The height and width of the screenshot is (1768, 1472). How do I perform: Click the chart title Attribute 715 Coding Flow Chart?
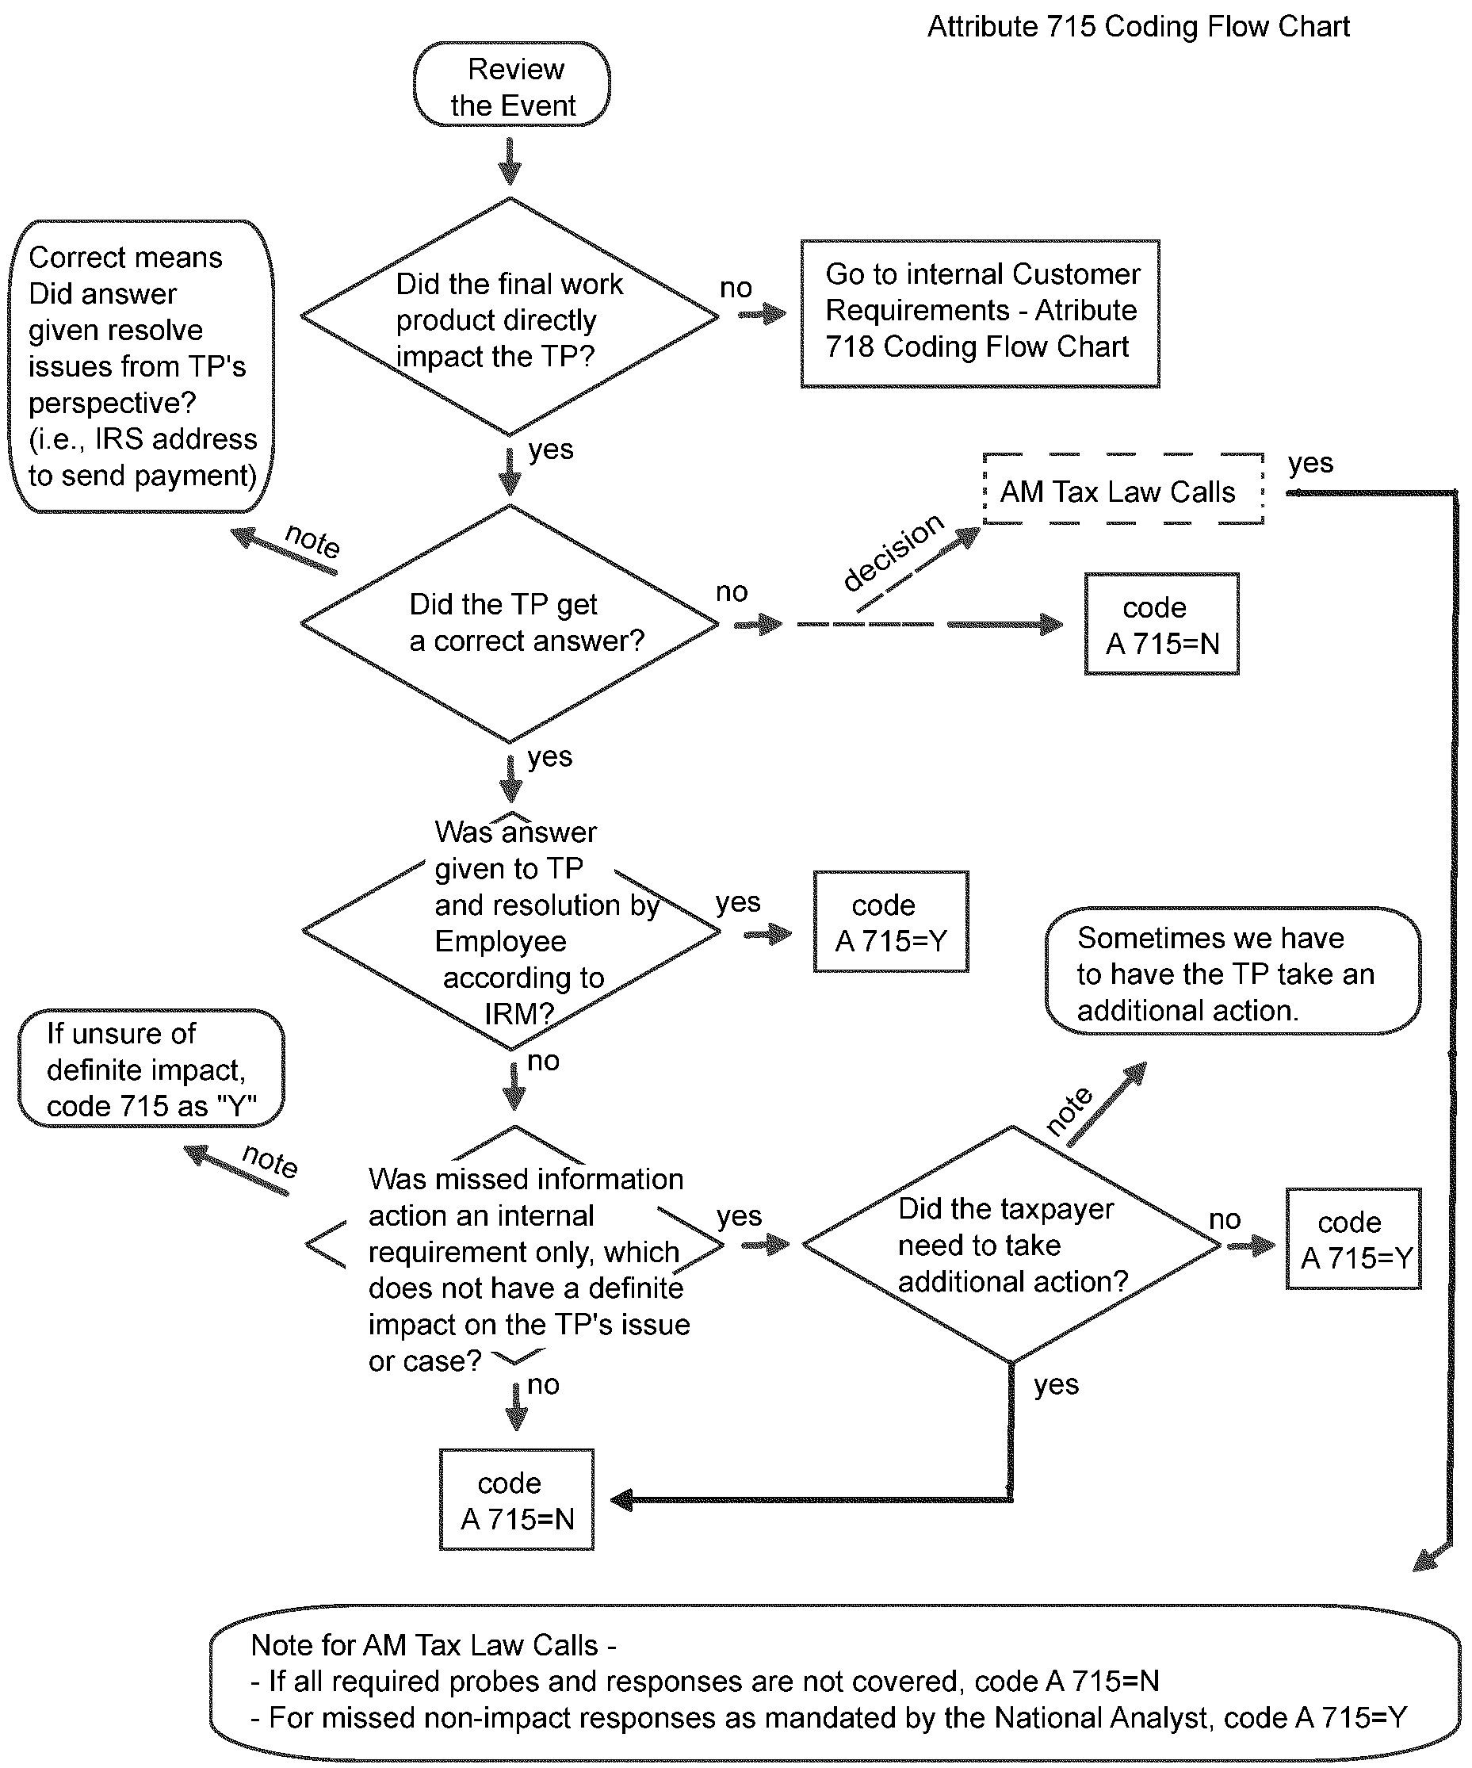click(1137, 27)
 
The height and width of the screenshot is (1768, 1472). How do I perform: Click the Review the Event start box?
click(512, 86)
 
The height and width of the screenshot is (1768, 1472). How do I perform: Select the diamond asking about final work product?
click(509, 318)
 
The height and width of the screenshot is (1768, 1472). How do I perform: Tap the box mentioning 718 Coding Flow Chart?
click(980, 313)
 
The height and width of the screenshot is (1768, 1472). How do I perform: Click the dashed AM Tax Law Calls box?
click(1122, 491)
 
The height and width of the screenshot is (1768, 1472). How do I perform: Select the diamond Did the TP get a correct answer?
click(509, 624)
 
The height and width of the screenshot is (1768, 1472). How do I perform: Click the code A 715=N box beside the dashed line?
click(1160, 625)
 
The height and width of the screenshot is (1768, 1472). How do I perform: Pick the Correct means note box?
click(141, 366)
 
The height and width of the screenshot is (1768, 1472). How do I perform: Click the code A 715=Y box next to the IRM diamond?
click(890, 923)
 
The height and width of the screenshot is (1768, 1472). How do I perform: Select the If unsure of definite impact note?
click(151, 1070)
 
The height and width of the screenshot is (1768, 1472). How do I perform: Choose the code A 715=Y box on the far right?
click(1352, 1239)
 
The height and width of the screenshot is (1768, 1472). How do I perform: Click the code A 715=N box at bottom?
click(516, 1500)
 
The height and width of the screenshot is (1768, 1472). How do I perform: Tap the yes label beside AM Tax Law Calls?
click(1310, 463)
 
